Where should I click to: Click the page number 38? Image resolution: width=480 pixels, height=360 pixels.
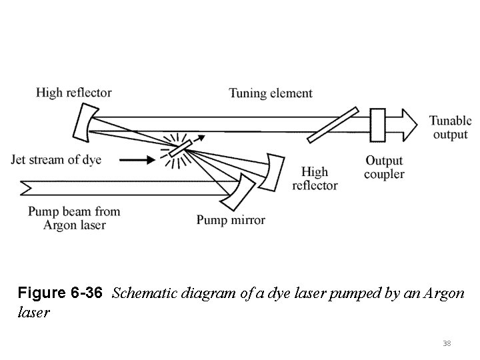(447, 343)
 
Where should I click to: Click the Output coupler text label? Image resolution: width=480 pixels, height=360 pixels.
(385, 167)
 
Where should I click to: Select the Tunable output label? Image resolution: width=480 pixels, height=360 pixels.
(450, 127)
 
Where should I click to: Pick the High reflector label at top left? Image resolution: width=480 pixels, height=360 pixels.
(74, 93)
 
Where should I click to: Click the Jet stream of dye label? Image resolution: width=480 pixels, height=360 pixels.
(57, 160)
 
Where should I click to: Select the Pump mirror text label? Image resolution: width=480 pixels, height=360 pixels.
(231, 220)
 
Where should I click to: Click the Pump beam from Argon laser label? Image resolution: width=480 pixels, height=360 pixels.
(73, 218)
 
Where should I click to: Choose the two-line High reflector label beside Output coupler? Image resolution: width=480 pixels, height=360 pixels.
(315, 178)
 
